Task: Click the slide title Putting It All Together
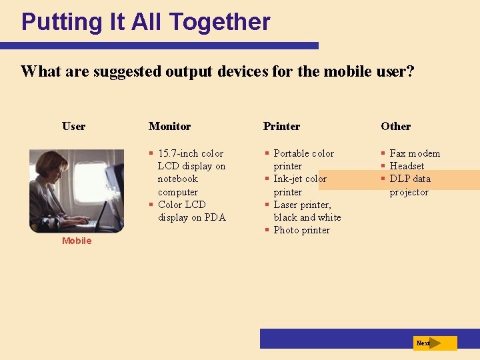(145, 22)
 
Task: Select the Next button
(434, 343)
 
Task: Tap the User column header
(73, 126)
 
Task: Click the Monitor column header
(169, 126)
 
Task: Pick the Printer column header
(281, 126)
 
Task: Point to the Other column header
(395, 126)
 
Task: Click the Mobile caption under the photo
(77, 241)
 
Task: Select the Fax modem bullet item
(414, 153)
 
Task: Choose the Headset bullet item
(407, 166)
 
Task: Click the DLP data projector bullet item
(409, 185)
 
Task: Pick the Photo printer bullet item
(301, 230)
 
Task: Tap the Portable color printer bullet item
(303, 159)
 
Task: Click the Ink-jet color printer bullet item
(299, 185)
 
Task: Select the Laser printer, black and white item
(307, 211)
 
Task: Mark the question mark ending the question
(410, 71)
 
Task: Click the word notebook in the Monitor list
(177, 179)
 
